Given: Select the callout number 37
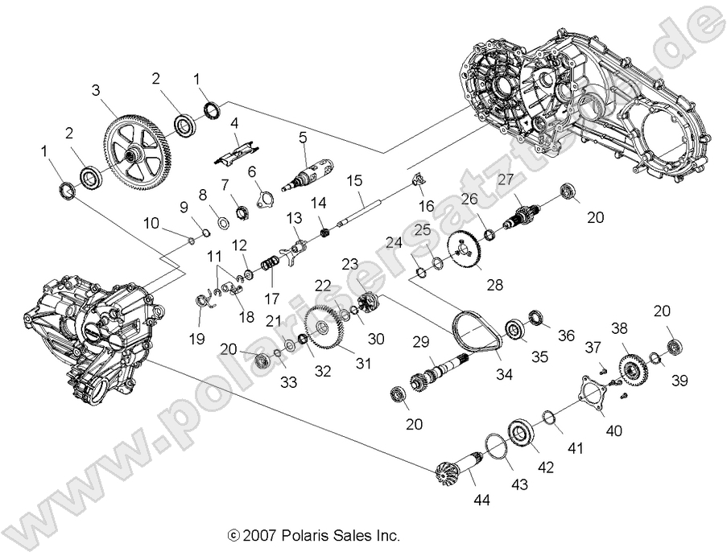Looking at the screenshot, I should (x=593, y=346).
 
